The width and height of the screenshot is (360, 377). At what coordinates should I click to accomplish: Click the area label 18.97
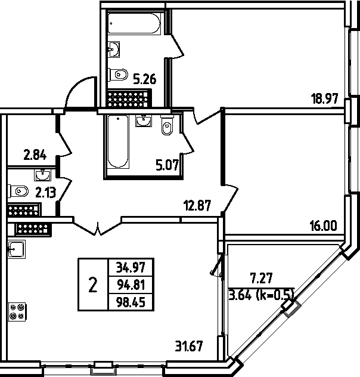[324, 98]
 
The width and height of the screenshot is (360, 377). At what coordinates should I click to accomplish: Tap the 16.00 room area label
[324, 226]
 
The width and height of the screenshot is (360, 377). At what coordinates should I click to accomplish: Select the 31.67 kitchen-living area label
[189, 346]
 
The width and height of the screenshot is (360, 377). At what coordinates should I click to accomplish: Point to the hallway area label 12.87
[197, 206]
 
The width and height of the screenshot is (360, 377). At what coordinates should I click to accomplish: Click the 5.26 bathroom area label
[145, 79]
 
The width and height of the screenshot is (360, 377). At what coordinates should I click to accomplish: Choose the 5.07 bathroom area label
[167, 165]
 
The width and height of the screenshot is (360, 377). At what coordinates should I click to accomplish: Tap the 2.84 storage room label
[35, 154]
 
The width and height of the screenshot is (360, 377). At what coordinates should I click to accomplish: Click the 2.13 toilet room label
[46, 193]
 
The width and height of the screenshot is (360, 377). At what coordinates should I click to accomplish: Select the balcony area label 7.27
[261, 279]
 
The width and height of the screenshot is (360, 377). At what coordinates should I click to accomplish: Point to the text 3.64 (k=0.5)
[261, 295]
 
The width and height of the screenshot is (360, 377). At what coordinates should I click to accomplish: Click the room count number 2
[93, 285]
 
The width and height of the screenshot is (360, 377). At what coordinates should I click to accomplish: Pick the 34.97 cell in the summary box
[131, 267]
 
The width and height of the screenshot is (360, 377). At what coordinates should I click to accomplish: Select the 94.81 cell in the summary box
[131, 285]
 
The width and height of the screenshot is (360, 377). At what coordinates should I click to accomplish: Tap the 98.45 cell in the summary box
[131, 302]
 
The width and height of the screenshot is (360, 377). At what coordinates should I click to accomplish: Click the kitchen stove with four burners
[17, 311]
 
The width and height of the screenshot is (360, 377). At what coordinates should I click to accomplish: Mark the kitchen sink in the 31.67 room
[16, 249]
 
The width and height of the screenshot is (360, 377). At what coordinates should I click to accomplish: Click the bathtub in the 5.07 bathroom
[118, 142]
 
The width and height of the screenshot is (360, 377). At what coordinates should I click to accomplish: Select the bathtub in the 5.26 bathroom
[134, 24]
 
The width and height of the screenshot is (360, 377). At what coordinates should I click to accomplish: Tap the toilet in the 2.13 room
[18, 191]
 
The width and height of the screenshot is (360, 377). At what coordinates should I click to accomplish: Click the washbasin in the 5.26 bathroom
[114, 50]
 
